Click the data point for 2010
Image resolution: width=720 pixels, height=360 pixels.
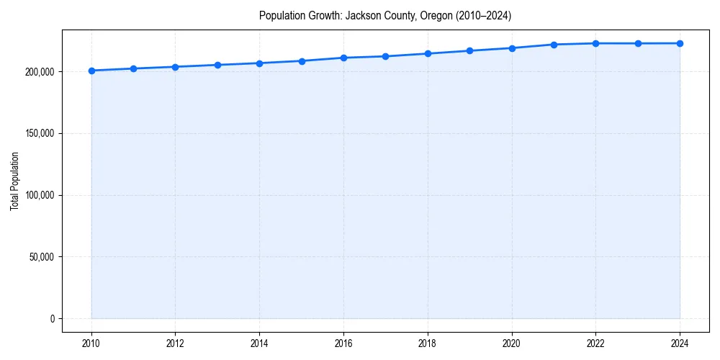[91, 71]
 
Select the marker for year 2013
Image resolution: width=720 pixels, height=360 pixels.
[217, 65]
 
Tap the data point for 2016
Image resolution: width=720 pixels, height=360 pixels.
[343, 58]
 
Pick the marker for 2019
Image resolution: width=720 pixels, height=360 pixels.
[469, 50]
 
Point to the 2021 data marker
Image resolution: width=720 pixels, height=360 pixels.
[554, 45]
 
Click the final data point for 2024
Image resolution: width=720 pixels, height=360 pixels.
[680, 43]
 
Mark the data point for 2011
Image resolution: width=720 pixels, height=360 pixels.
[133, 68]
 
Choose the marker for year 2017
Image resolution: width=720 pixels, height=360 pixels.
[385, 56]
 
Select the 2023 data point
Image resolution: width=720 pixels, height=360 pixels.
[638, 43]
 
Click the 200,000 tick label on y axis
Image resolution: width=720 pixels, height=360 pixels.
[40, 72]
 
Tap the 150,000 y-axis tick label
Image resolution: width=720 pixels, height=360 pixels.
[40, 134]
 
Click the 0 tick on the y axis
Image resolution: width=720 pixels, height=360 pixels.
[52, 319]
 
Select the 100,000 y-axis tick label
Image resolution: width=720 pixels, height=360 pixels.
[40, 195]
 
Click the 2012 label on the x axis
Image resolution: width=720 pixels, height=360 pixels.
[176, 343]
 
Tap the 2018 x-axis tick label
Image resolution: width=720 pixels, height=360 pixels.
[428, 343]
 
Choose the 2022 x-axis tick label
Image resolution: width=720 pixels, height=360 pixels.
[595, 343]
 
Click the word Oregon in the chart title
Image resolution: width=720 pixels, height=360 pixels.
[437, 16]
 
